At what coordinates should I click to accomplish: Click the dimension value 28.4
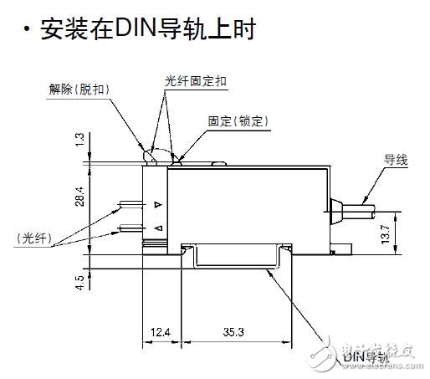click(79, 196)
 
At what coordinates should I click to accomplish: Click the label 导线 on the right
click(395, 159)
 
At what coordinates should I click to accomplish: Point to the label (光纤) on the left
click(34, 238)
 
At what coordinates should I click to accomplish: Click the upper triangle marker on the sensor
click(157, 205)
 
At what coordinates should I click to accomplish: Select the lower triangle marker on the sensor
click(157, 228)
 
